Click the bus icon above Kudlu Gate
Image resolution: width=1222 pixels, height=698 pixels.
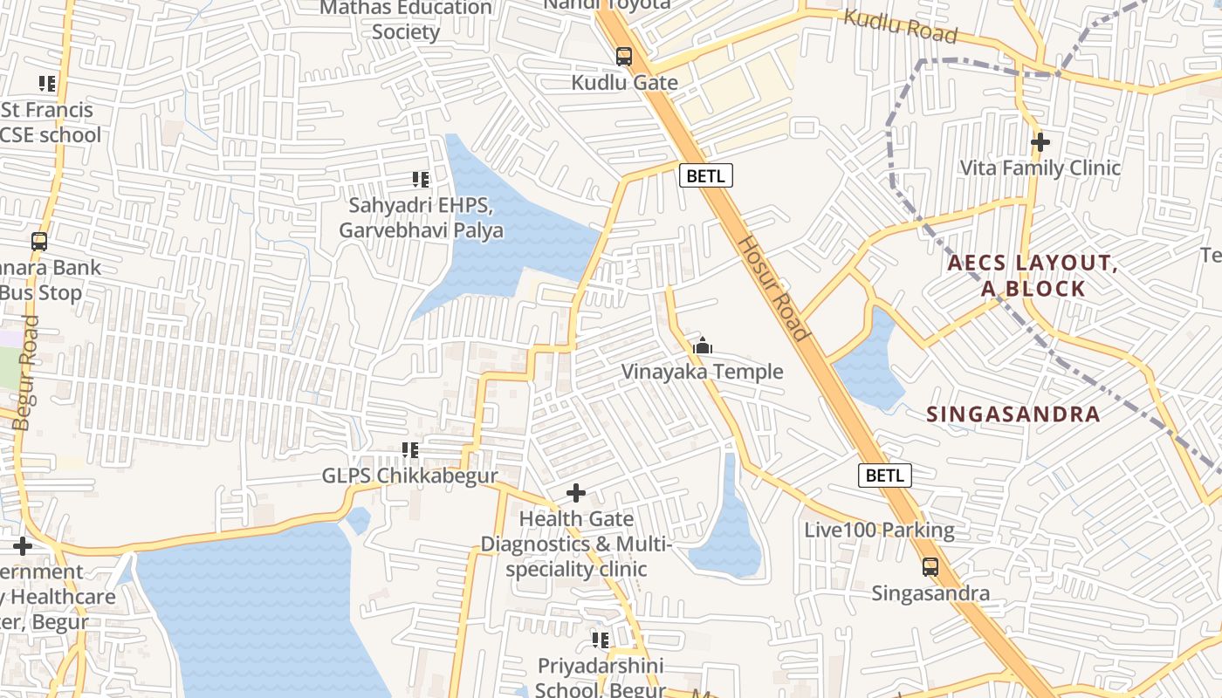(624, 57)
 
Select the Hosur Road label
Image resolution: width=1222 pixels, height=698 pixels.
(774, 287)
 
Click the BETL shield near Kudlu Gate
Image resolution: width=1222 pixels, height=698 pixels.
(706, 175)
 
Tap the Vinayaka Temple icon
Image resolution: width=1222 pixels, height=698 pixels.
(703, 346)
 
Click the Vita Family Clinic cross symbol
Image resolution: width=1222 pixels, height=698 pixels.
(1040, 141)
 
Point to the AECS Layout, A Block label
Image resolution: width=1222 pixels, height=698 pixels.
(1033, 276)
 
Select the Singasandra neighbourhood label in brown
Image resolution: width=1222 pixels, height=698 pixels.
(1013, 414)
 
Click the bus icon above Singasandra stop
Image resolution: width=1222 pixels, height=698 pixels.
(931, 567)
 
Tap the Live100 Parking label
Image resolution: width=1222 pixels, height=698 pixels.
(879, 530)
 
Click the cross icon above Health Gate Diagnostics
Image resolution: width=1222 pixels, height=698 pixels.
(576, 494)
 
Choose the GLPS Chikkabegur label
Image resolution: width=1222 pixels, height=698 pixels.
(409, 476)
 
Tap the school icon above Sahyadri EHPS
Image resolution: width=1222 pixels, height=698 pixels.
(421, 180)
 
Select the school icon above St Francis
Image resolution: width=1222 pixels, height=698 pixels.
(47, 84)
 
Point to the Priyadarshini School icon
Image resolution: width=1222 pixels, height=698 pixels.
(601, 640)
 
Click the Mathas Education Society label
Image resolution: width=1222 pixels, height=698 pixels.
(406, 19)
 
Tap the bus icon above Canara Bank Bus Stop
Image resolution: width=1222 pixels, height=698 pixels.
(39, 242)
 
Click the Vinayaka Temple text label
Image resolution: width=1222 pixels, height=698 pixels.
(702, 373)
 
